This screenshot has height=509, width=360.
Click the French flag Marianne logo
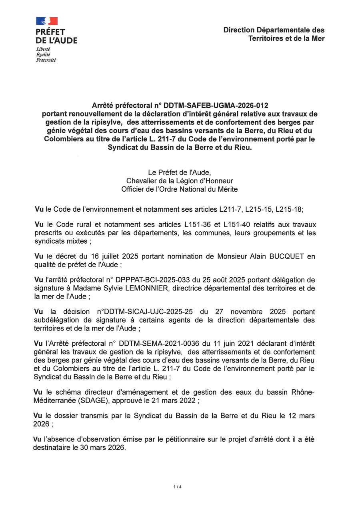point(47,21)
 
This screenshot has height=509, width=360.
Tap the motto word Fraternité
point(46,60)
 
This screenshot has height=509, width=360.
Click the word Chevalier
point(141,181)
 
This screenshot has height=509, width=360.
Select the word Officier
point(134,189)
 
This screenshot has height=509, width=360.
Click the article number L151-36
point(212,224)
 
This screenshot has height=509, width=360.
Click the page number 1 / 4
point(178,487)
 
